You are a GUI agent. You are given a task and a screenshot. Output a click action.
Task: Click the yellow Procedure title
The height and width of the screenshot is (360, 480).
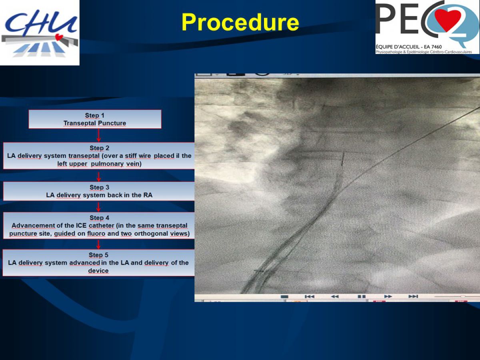(240, 22)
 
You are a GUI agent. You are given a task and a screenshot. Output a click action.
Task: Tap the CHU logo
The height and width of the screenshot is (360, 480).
(40, 32)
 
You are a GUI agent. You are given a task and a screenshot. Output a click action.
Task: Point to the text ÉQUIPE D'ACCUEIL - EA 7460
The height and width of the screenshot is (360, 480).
(409, 47)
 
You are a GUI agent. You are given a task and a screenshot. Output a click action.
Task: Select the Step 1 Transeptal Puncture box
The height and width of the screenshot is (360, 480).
(95, 119)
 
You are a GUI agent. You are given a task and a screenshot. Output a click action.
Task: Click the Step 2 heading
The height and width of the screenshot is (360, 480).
(99, 148)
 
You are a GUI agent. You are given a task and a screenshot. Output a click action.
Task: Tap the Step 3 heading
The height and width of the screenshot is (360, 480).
(99, 187)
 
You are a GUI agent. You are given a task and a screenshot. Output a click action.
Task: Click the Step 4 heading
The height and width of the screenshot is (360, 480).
(99, 218)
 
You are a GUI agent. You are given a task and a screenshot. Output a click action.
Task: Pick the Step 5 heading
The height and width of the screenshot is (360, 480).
(98, 255)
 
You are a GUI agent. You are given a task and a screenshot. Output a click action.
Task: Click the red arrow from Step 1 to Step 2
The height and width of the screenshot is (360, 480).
(99, 135)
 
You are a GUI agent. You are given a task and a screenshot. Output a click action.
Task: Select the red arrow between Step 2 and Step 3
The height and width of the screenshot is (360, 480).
(99, 177)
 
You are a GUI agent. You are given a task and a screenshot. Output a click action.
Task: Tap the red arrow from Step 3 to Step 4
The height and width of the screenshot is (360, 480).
(99, 207)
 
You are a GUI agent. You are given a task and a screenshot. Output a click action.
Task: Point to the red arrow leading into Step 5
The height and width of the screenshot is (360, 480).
(99, 244)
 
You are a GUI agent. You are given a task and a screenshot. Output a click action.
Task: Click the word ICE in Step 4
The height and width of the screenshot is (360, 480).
(81, 225)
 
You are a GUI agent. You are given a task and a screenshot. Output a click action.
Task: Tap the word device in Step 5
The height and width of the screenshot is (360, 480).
(98, 271)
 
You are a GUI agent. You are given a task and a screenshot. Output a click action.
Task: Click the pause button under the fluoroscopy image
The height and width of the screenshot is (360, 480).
(362, 296)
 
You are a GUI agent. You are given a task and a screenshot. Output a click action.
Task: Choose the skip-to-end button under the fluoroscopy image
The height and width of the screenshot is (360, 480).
(413, 296)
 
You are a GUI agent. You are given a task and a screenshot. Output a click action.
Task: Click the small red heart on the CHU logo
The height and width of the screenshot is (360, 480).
(59, 37)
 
